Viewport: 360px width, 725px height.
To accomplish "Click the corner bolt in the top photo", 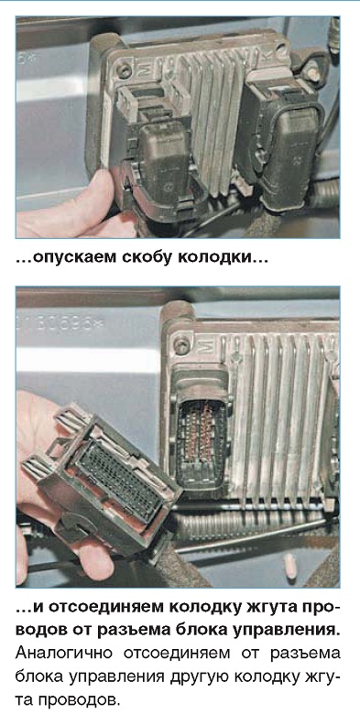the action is (x=124, y=70).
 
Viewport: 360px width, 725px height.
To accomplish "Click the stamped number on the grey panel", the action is (x=61, y=324).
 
